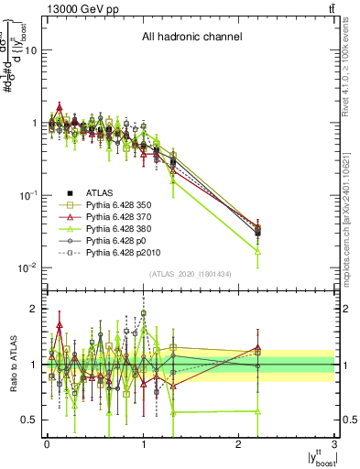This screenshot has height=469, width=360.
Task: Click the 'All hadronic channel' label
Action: click(x=191, y=38)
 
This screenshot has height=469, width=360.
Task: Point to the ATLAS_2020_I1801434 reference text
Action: click(x=191, y=274)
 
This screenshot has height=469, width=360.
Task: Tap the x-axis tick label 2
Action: click(x=239, y=444)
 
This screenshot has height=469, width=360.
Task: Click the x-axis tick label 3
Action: click(x=334, y=444)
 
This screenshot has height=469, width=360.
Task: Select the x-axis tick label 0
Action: click(x=47, y=444)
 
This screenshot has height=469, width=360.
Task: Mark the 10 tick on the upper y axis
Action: click(x=31, y=50)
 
